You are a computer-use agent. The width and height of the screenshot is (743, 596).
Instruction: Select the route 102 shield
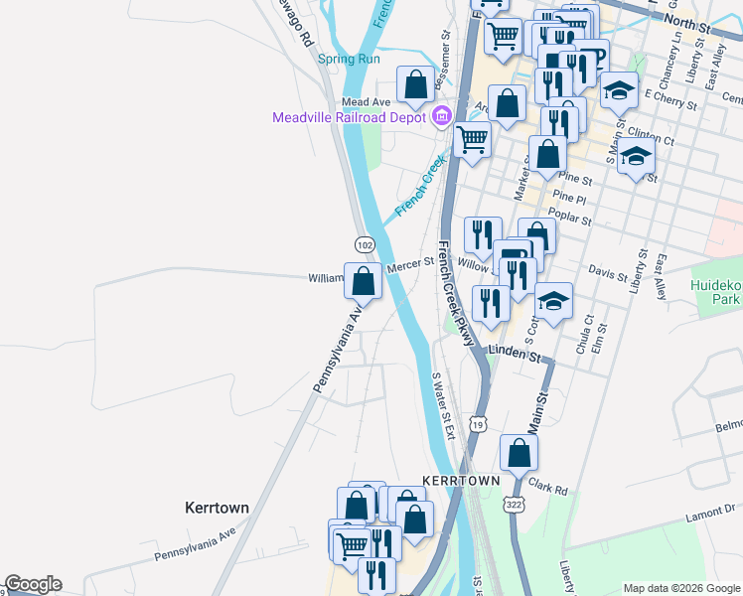[365, 244]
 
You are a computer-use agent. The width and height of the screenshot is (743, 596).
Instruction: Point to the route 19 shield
[479, 424]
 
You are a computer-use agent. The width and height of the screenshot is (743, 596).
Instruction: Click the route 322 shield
[514, 504]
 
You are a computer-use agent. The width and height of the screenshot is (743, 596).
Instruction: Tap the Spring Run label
[349, 59]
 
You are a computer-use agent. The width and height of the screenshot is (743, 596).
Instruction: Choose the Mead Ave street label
[366, 102]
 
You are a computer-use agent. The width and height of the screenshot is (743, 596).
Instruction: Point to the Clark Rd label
[547, 489]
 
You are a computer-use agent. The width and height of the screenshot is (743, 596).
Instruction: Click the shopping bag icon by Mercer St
[364, 281]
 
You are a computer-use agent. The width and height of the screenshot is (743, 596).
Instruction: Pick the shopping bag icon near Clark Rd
[520, 454]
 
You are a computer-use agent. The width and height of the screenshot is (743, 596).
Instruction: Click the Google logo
[32, 584]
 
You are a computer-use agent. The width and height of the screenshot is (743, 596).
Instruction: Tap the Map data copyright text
[680, 588]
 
